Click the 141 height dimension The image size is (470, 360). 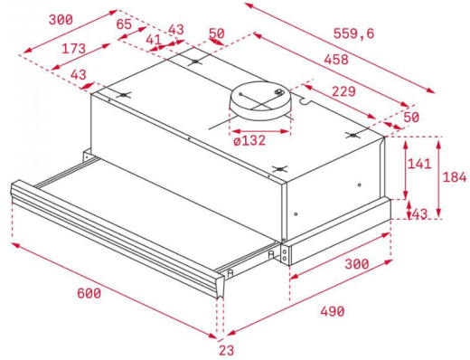point(418,165)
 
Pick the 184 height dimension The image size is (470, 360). point(453,177)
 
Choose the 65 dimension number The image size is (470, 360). point(125,24)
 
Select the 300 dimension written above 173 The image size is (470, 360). point(36,19)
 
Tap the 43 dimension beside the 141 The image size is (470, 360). point(418,213)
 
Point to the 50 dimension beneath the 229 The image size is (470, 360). point(412,118)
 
